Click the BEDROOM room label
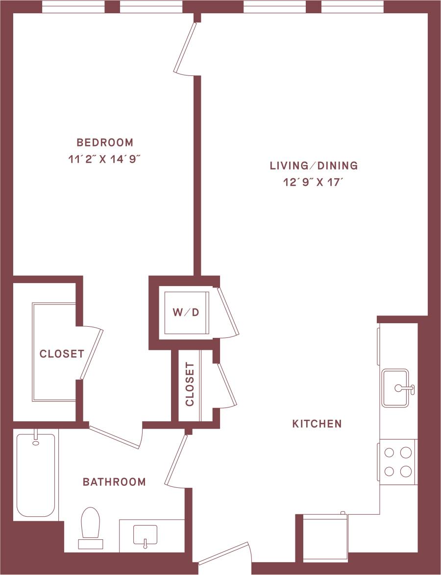click(x=105, y=143)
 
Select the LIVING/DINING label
click(x=314, y=166)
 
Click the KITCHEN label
click(x=317, y=424)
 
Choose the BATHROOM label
click(x=114, y=482)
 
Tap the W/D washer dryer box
click(x=186, y=312)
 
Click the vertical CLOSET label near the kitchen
click(x=190, y=385)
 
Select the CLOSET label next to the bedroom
click(x=62, y=354)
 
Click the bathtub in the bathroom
click(x=36, y=474)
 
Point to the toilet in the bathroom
click(x=91, y=526)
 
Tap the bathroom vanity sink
click(x=145, y=535)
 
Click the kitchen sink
click(x=396, y=388)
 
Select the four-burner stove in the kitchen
click(x=397, y=462)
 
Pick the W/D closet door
click(x=228, y=312)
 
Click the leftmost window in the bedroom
click(x=73, y=7)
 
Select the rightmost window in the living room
click(x=352, y=7)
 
